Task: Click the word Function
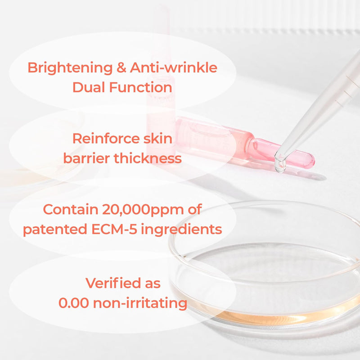[x=142, y=87]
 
